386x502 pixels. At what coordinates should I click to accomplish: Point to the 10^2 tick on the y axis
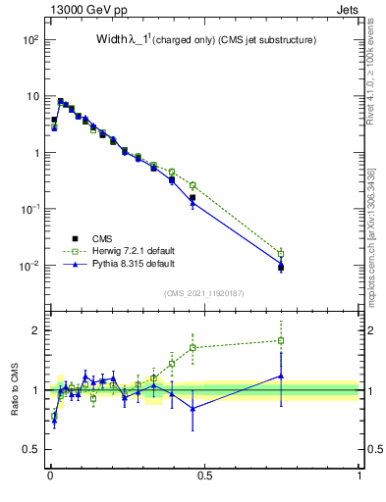29,40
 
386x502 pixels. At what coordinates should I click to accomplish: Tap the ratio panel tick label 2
35,330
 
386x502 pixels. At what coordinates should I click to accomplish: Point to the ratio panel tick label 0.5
30,450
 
